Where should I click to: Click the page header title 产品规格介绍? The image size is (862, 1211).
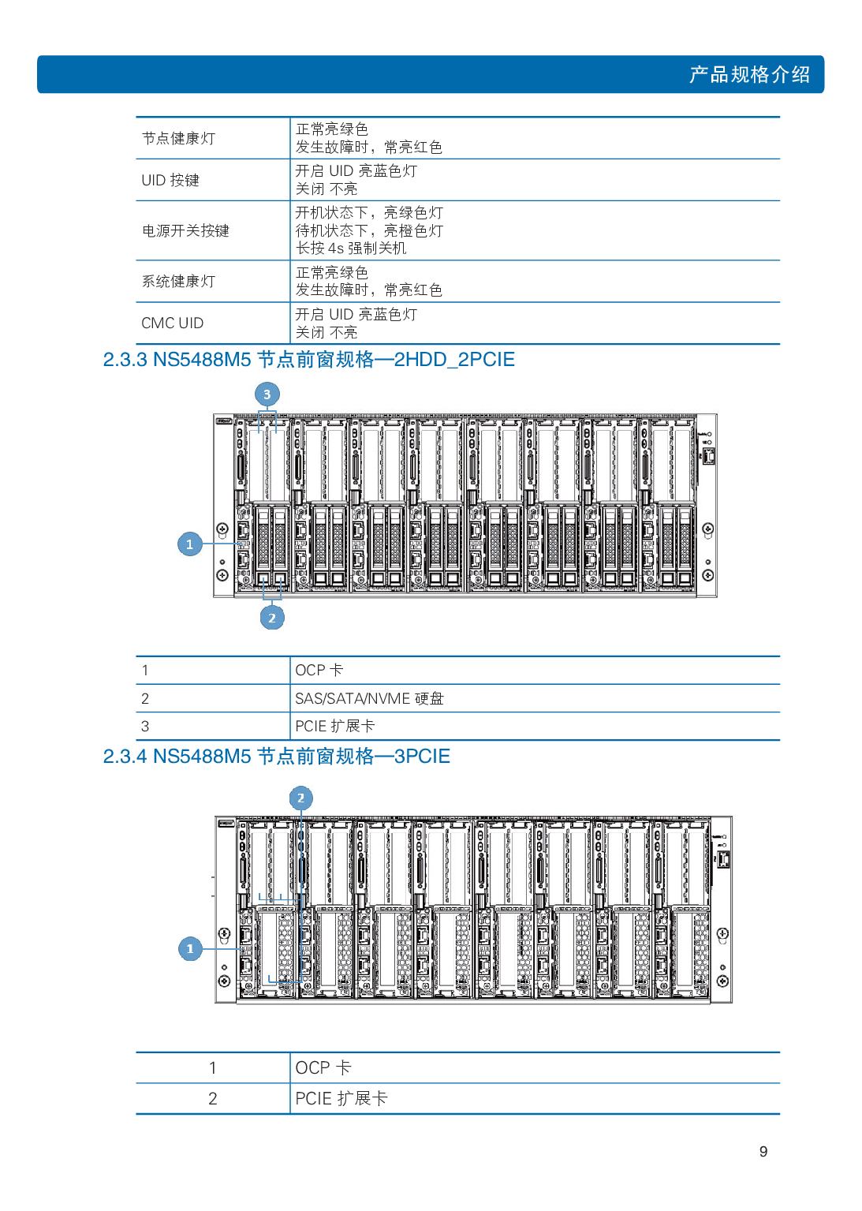(x=748, y=75)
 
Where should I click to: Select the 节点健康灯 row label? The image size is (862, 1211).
(x=178, y=139)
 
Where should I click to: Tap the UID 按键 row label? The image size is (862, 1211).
(x=170, y=181)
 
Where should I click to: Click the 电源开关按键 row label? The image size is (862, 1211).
(x=185, y=231)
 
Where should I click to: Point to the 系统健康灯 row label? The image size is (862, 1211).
(x=178, y=282)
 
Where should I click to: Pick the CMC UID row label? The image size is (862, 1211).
(x=173, y=323)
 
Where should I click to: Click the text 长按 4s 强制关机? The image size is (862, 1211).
(x=351, y=249)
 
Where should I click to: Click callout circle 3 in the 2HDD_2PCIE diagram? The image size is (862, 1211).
(x=267, y=394)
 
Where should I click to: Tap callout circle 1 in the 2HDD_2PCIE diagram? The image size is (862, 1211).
(x=189, y=544)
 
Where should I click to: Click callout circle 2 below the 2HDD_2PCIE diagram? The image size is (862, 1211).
(x=272, y=618)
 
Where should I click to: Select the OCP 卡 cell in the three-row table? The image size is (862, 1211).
(x=319, y=671)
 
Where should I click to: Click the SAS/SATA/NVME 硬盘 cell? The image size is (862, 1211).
(x=369, y=699)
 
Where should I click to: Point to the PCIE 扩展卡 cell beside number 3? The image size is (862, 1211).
(x=334, y=727)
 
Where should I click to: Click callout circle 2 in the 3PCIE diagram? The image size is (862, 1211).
(x=300, y=798)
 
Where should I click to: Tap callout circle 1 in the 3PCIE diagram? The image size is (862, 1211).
(x=190, y=949)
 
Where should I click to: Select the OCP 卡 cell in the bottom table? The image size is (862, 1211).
(x=323, y=1068)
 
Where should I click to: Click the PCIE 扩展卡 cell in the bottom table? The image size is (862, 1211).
(x=341, y=1099)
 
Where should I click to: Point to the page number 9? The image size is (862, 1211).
(x=763, y=1152)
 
